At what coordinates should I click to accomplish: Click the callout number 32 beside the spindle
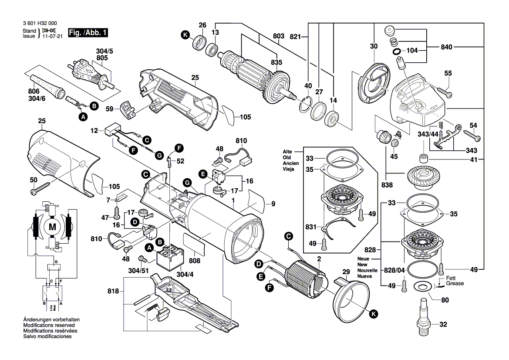[x=443, y=324]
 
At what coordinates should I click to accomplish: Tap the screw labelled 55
[x=444, y=92]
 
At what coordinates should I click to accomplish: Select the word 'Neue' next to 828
[x=363, y=258]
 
